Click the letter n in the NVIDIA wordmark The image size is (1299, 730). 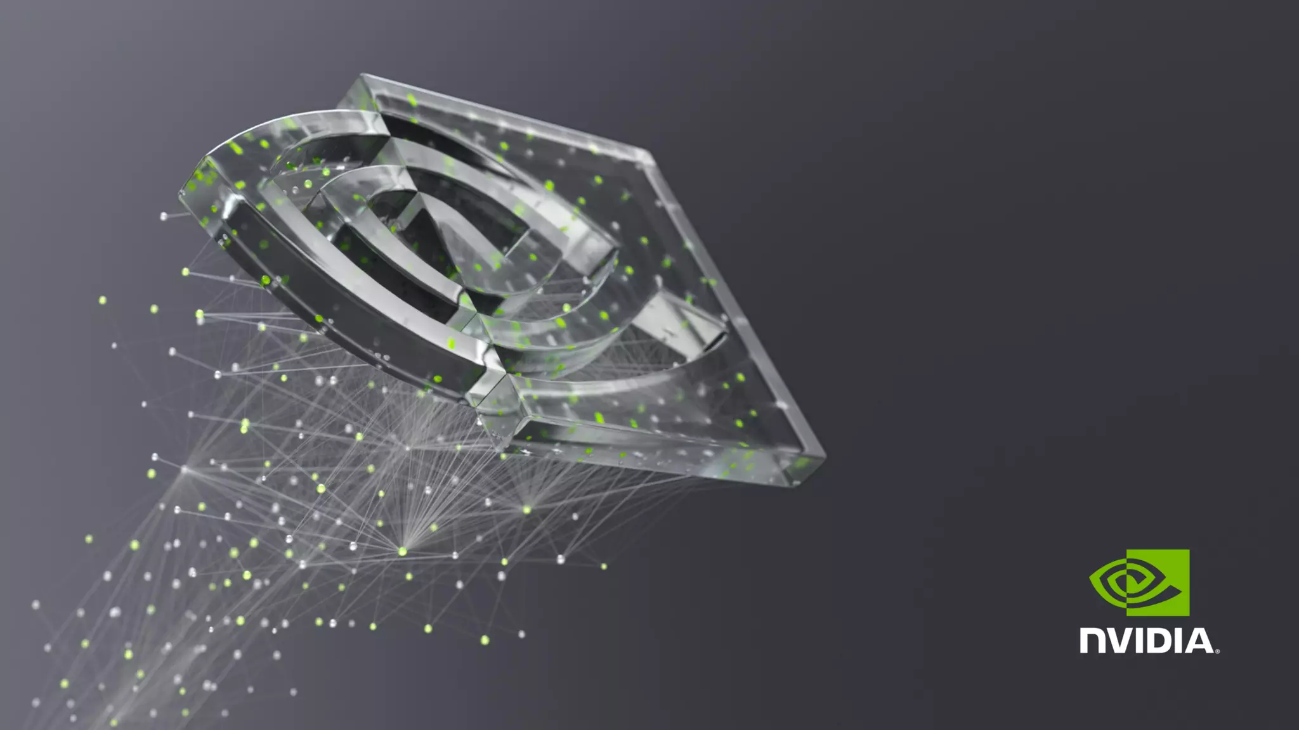(x=1092, y=641)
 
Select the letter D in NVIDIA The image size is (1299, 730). (x=1164, y=641)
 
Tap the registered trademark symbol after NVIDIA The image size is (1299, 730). (x=1217, y=651)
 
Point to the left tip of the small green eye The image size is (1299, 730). (x=1091, y=577)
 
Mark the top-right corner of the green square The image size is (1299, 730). (x=1189, y=550)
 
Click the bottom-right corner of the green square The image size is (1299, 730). (x=1189, y=615)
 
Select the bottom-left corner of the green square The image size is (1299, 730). (x=1127, y=615)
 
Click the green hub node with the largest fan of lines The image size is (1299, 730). (x=402, y=552)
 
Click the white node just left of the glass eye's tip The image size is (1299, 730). (x=164, y=217)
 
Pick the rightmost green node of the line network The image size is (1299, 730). (x=603, y=567)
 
